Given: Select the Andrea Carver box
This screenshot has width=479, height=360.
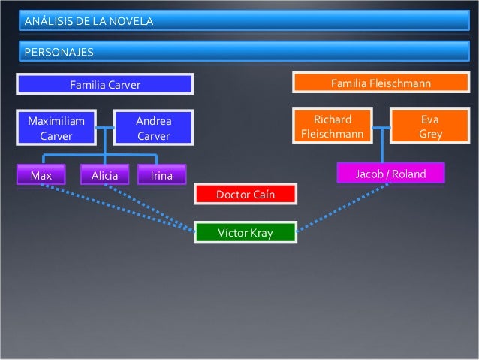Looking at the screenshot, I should click(153, 128).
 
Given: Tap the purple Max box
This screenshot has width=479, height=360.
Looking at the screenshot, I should click(41, 176).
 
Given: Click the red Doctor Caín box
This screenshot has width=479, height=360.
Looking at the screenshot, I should click(246, 195).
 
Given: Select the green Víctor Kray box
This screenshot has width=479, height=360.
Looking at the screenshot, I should click(246, 233).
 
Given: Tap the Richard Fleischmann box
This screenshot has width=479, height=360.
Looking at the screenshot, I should click(332, 127).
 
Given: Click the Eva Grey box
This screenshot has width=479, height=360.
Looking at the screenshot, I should click(430, 127).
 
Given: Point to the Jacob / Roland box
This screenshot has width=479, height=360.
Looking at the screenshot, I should click(390, 174).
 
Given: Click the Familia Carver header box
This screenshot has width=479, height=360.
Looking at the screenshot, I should click(105, 85).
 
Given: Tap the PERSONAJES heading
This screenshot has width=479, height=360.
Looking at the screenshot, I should click(59, 52).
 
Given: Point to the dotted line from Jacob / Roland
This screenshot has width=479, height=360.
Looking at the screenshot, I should click(342, 207).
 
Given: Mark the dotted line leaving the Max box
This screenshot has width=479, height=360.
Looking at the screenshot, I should click(113, 207).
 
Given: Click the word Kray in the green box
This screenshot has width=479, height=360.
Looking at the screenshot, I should click(261, 233).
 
